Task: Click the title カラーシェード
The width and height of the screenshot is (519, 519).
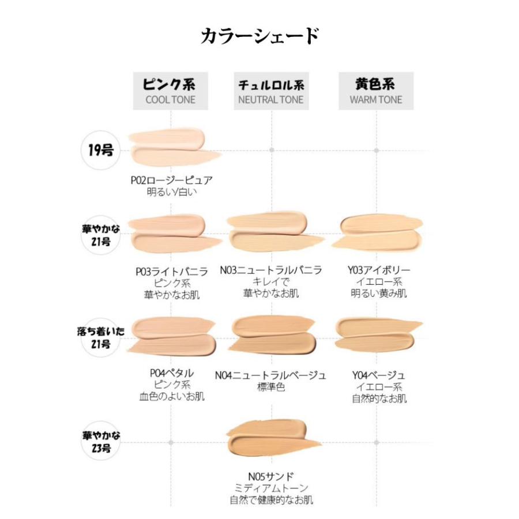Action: point(259,36)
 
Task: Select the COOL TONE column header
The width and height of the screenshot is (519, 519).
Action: point(171,91)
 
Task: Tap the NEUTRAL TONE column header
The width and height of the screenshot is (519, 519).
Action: point(271,91)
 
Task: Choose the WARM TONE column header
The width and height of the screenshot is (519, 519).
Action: point(376,91)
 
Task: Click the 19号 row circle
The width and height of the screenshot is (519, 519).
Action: point(100,151)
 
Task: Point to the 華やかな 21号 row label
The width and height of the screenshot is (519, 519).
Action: point(101,235)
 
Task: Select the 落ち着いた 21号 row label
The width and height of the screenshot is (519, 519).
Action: point(101,337)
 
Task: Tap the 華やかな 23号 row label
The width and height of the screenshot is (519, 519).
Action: point(101,441)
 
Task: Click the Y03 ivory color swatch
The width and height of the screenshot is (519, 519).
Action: point(377,233)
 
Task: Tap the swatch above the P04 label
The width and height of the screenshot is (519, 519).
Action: point(171,336)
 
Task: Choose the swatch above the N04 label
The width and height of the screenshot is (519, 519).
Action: point(273,335)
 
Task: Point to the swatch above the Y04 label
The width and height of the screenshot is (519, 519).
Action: point(377,334)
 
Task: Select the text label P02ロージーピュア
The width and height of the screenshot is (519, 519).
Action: point(171,180)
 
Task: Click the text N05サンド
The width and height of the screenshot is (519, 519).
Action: point(271,476)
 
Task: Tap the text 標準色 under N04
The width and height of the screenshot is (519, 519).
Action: point(271,386)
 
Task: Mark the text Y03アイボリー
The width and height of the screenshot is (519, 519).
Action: point(379,270)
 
